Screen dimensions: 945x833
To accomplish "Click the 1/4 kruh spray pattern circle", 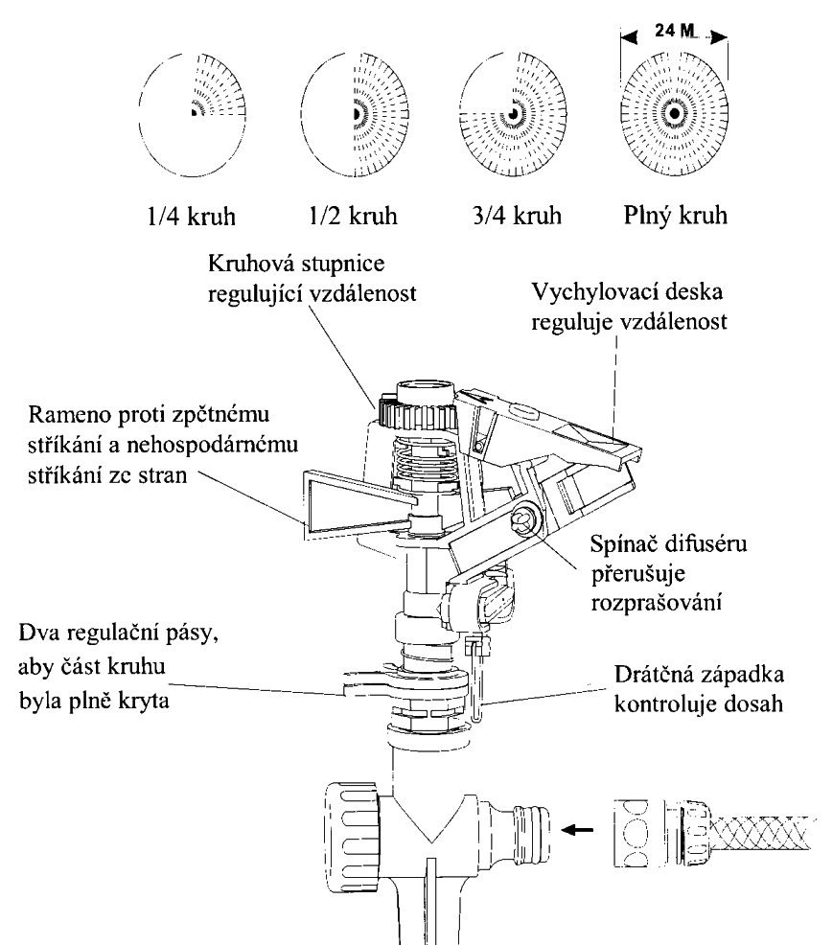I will [x=193, y=112].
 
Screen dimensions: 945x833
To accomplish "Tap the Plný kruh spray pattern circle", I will [x=675, y=113].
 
